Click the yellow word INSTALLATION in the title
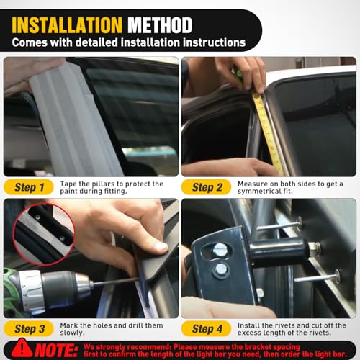(x=67, y=25)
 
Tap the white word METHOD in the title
(x=160, y=25)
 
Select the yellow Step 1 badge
(x=29, y=187)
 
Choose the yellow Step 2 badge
(x=207, y=187)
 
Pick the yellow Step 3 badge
(x=29, y=328)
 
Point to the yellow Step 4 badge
(x=207, y=328)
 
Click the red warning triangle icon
(x=22, y=348)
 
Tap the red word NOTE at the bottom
(x=56, y=351)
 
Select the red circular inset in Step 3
(x=44, y=234)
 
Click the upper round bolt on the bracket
(x=220, y=250)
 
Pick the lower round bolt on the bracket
(x=220, y=269)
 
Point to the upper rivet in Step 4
(x=279, y=225)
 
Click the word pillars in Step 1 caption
(x=103, y=184)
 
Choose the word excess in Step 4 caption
(x=249, y=333)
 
